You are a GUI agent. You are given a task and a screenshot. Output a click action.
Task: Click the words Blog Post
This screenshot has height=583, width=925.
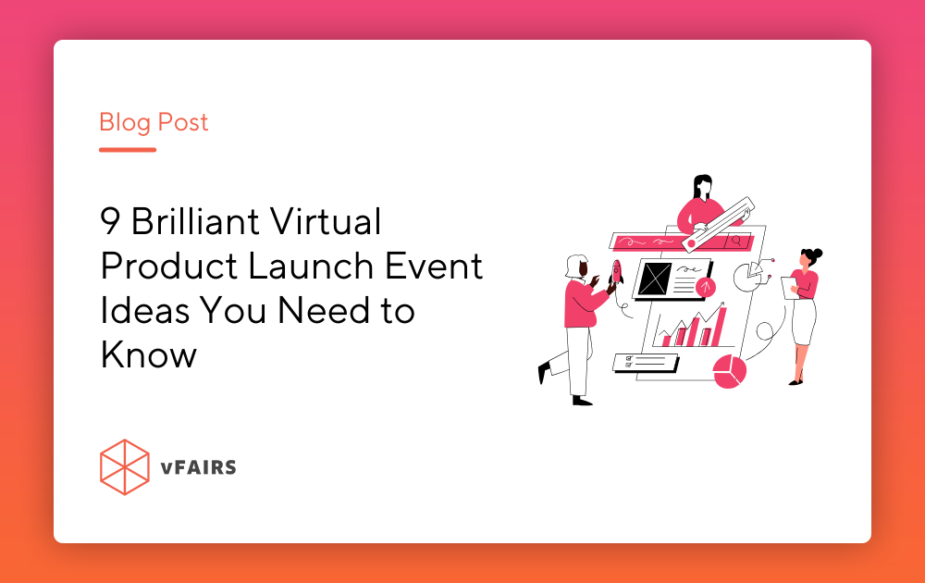click(x=154, y=122)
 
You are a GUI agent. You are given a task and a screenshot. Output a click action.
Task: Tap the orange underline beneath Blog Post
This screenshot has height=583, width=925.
click(x=128, y=149)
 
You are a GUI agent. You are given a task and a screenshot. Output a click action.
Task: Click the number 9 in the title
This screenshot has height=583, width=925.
click(x=110, y=222)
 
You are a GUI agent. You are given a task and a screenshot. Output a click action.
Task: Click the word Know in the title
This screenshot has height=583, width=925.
click(x=148, y=354)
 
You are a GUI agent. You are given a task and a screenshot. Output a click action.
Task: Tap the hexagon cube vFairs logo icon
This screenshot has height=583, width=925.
click(x=124, y=467)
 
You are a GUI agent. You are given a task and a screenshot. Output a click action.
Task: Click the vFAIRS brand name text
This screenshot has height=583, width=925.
click(x=197, y=467)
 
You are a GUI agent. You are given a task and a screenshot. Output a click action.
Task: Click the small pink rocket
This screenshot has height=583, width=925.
click(x=616, y=271)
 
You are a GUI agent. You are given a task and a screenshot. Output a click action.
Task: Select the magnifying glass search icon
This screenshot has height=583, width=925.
click(x=737, y=241)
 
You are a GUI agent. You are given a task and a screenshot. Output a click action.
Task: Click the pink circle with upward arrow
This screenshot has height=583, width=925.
click(x=706, y=286)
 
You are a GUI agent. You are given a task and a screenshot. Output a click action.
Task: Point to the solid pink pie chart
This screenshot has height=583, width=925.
click(x=730, y=371)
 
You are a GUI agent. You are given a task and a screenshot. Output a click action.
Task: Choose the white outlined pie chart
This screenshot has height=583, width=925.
click(x=748, y=274)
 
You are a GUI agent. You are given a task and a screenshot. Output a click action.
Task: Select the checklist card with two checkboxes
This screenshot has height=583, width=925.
click(x=645, y=361)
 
